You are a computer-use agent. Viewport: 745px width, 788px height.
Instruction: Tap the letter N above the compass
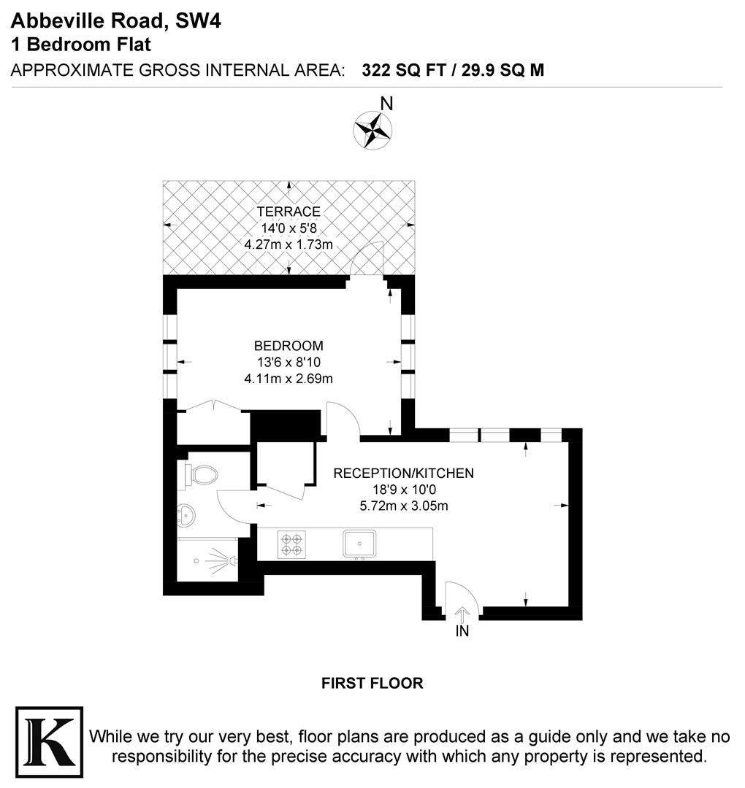[386, 104]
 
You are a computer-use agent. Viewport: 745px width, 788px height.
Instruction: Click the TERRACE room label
[289, 212]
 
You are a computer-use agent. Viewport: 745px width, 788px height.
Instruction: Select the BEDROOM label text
[289, 346]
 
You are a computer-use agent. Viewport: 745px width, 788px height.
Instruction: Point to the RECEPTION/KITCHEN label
[403, 474]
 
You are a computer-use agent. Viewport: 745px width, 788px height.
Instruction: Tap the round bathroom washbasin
[187, 516]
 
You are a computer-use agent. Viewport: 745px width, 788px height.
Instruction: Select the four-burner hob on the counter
[291, 544]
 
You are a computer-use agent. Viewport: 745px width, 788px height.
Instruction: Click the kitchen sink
[359, 544]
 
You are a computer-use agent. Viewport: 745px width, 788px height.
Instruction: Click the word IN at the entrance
[462, 631]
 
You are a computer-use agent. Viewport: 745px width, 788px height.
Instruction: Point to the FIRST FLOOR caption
[372, 684]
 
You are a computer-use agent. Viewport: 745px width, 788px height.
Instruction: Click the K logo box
[49, 742]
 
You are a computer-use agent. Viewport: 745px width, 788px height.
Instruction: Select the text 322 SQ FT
[404, 70]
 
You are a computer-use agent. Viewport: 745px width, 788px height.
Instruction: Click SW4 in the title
[198, 21]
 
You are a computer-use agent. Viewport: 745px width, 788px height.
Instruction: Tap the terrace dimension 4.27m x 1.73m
[289, 244]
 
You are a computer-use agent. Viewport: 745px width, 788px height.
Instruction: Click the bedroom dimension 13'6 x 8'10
[289, 363]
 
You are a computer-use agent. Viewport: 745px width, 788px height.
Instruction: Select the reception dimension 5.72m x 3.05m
[404, 506]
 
